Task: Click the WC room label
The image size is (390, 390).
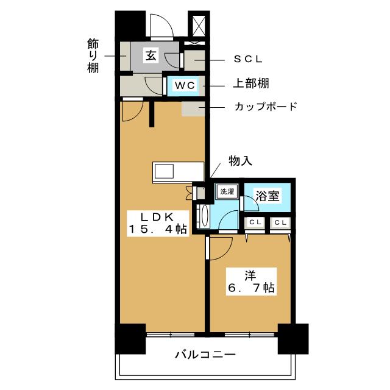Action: pyautogui.click(x=185, y=86)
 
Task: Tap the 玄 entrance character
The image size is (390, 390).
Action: pyautogui.click(x=151, y=56)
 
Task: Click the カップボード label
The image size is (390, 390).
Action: pyautogui.click(x=266, y=107)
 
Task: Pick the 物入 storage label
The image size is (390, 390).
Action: pyautogui.click(x=240, y=161)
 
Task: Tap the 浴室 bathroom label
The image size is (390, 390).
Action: pyautogui.click(x=268, y=196)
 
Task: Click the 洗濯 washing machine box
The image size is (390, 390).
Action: pyautogui.click(x=227, y=191)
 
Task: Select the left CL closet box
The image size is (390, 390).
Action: pyautogui.click(x=255, y=223)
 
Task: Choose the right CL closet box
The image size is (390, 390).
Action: pyautogui.click(x=280, y=223)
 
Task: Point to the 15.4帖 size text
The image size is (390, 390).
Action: pyautogui.click(x=157, y=230)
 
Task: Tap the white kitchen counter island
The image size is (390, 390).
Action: pyautogui.click(x=179, y=172)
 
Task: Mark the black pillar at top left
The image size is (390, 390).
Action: pyautogui.click(x=129, y=25)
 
